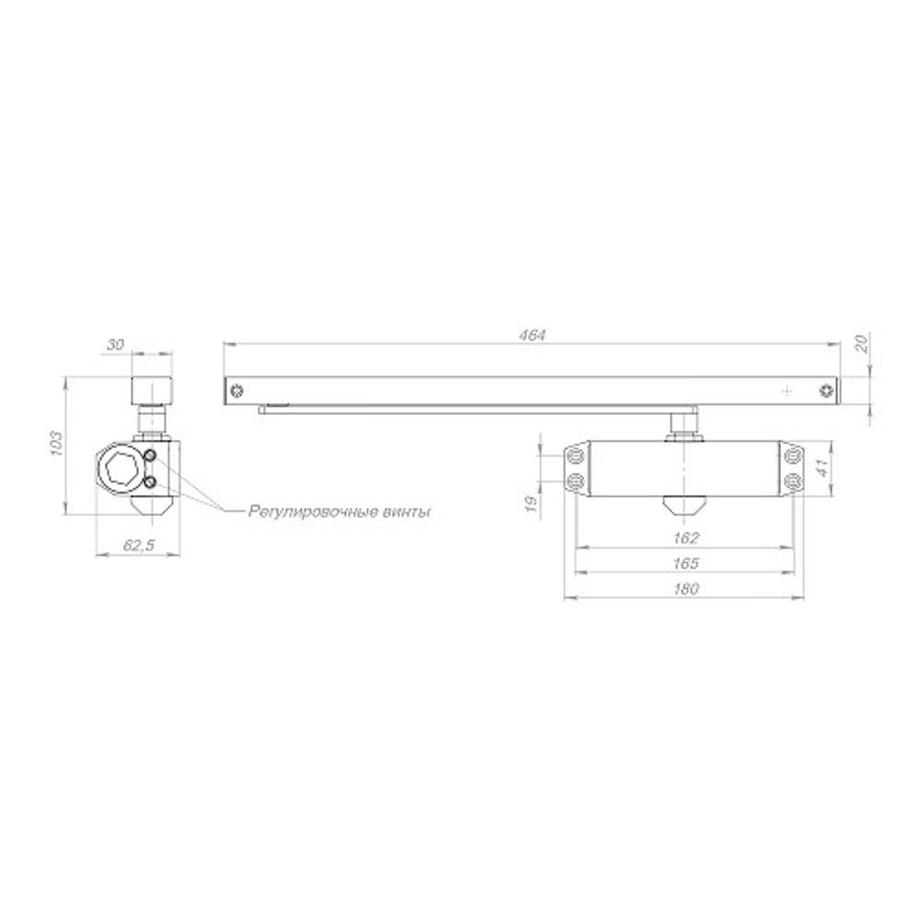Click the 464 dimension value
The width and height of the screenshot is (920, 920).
point(533,336)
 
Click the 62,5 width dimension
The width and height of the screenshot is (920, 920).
point(137,546)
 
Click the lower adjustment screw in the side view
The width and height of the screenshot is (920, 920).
point(149,481)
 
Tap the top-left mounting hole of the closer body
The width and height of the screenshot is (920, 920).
point(577,455)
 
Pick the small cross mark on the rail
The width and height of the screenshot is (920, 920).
point(786,390)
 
